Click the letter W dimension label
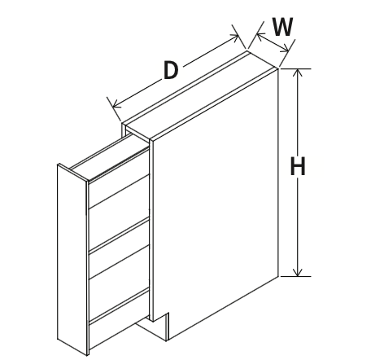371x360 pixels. (x=283, y=27)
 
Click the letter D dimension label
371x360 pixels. (x=171, y=70)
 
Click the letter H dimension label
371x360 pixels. (x=298, y=166)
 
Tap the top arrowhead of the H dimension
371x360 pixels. (x=298, y=72)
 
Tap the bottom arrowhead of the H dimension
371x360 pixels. (x=298, y=272)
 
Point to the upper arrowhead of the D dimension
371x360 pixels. (x=234, y=37)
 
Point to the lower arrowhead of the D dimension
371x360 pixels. (x=116, y=104)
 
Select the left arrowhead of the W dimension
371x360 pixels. (x=260, y=37)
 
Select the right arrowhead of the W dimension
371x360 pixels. (x=285, y=49)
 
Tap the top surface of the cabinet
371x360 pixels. (x=201, y=95)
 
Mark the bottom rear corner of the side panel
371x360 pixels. (x=278, y=276)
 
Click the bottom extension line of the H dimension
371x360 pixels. (x=295, y=276)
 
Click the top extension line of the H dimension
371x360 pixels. (x=295, y=69)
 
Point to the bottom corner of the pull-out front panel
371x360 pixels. (x=87, y=355)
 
